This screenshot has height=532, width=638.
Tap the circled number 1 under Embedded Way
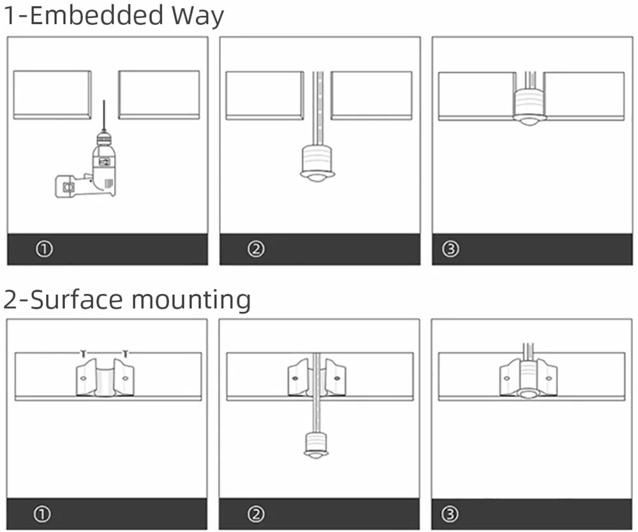coord(43,249)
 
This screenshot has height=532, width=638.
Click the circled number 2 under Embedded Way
coord(256,249)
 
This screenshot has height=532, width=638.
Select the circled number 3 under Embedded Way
coord(450,249)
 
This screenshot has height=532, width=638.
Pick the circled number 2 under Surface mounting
coord(256,514)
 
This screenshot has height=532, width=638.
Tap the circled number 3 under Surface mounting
coord(450,514)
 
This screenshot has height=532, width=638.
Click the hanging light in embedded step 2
coord(317,163)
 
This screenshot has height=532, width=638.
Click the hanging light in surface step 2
coord(315,444)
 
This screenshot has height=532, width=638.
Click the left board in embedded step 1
coord(52,94)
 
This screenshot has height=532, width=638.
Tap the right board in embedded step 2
coord(371,94)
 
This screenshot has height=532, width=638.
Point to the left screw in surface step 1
coord(83,353)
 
